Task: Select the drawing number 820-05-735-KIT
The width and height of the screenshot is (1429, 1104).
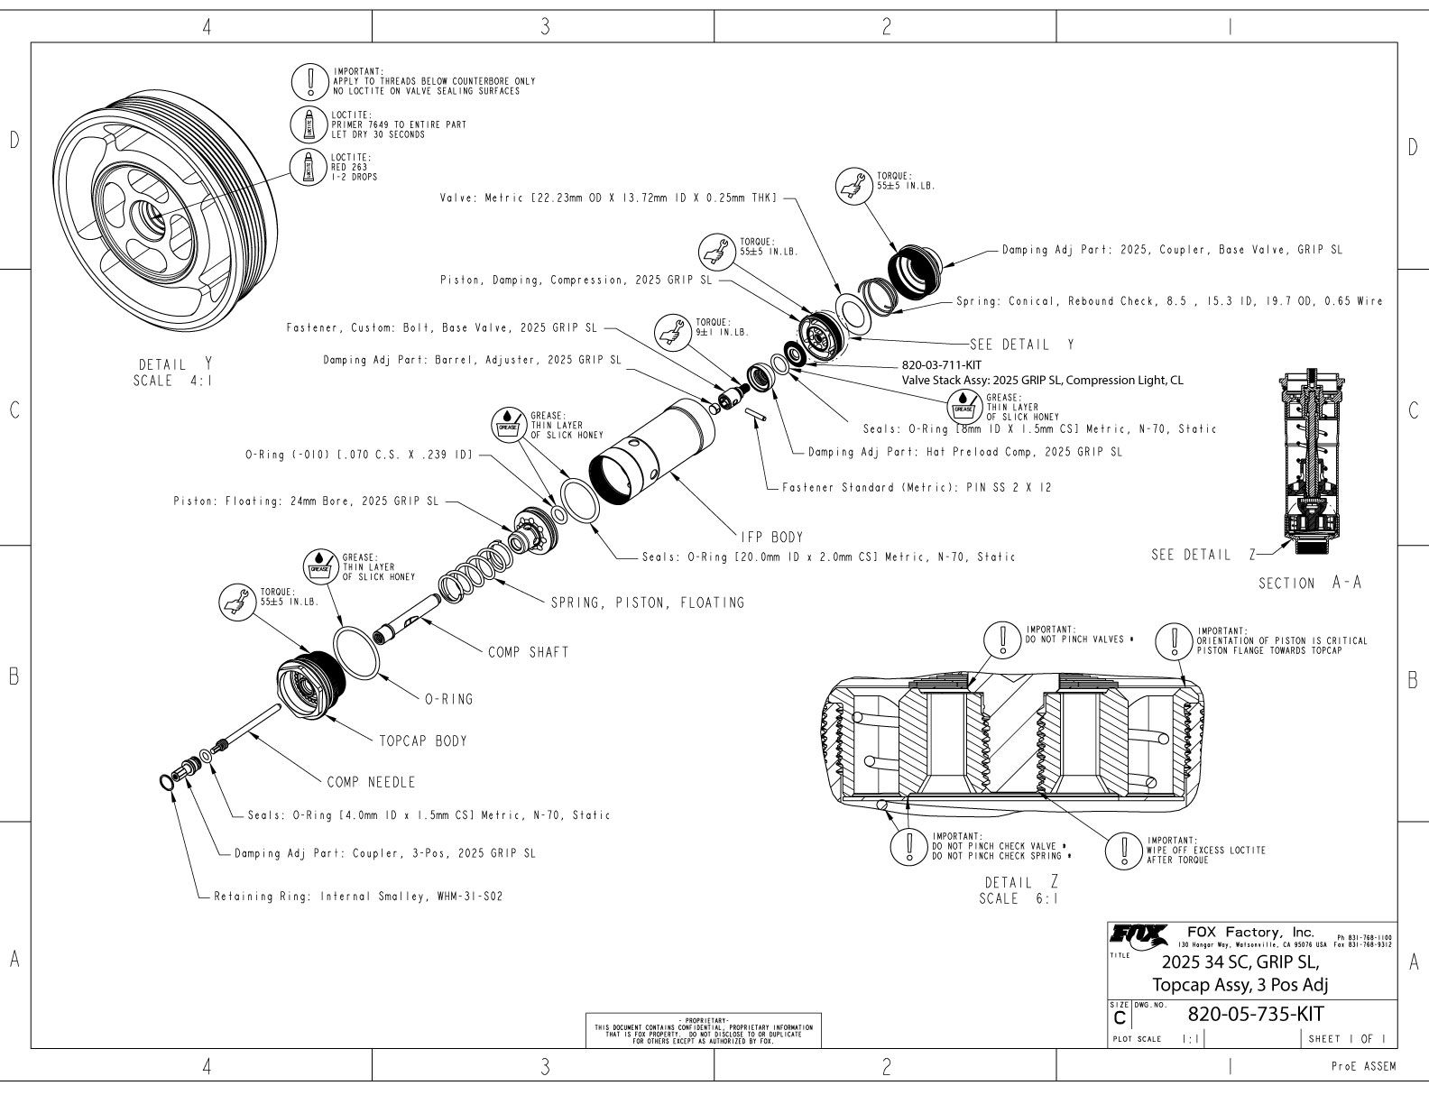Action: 1255,1013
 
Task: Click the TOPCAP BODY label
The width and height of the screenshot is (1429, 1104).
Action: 423,741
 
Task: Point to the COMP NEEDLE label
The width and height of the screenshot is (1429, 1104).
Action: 371,782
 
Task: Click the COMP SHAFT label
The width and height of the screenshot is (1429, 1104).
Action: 529,652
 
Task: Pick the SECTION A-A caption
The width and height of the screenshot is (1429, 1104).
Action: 1310,584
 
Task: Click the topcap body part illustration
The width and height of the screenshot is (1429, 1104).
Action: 307,687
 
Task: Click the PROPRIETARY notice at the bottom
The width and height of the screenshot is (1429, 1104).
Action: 703,1031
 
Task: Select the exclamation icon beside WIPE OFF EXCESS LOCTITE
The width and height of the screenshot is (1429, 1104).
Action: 1125,849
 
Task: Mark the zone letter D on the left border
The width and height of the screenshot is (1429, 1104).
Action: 14,140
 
